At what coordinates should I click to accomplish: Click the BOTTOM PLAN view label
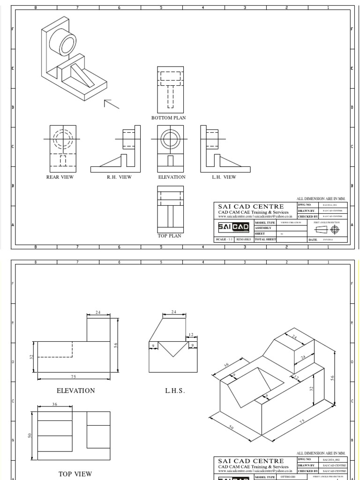tap(168, 118)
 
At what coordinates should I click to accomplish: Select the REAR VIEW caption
tap(60, 177)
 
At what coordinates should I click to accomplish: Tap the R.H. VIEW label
tap(119, 177)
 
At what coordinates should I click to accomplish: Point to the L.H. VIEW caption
tap(224, 177)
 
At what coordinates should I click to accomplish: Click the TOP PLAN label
tap(169, 236)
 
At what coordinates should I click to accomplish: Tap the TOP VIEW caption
tap(75, 474)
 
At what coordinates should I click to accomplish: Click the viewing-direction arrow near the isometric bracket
tap(111, 104)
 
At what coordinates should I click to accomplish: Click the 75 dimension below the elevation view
tap(74, 376)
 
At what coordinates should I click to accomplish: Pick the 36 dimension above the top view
tap(54, 404)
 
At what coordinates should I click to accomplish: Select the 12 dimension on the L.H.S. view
tap(190, 335)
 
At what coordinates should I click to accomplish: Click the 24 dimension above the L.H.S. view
tap(174, 312)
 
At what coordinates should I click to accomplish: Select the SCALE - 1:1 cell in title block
tap(224, 239)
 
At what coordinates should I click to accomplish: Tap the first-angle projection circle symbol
tap(334, 229)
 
